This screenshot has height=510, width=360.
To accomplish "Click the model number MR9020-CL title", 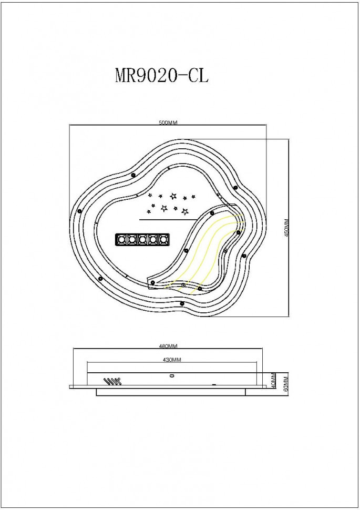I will tap(161, 75).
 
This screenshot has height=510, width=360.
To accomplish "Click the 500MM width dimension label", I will tap(169, 123).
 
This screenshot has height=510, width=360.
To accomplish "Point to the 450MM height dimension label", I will tap(287, 227).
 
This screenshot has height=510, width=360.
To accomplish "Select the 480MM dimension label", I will tap(168, 346).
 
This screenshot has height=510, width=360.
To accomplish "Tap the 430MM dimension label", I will tap(172, 360).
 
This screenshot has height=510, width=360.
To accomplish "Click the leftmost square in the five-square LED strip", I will tap(122, 240).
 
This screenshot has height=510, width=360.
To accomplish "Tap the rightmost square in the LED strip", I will tap(164, 240).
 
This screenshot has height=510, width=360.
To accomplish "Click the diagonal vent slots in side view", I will tap(111, 381).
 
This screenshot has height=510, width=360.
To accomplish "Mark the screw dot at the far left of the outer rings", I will tap(79, 211).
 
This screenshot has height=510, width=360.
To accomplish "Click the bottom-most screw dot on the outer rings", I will tap(182, 303).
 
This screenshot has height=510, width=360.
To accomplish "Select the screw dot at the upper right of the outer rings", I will tap(235, 187).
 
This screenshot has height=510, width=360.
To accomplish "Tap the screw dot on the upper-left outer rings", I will tap(132, 175).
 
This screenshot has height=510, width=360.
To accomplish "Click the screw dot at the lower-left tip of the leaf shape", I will tap(152, 283).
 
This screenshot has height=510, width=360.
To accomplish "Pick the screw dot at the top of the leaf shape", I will tap(212, 213).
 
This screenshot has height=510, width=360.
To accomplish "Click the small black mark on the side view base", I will tap(214, 385).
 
